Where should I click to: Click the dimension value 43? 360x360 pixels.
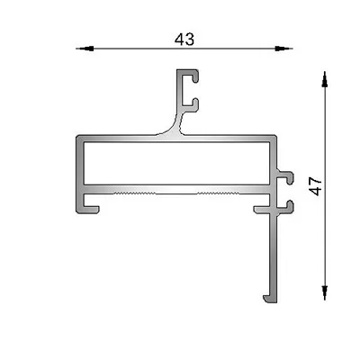[184, 40]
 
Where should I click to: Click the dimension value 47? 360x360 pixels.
[316, 186]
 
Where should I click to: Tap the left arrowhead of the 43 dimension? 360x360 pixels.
[85, 49]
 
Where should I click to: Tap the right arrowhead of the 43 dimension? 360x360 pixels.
[283, 49]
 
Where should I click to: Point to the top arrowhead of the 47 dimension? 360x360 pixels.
[324, 79]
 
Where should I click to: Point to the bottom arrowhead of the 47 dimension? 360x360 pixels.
[324, 292]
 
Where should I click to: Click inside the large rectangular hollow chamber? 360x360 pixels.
[176, 163]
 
